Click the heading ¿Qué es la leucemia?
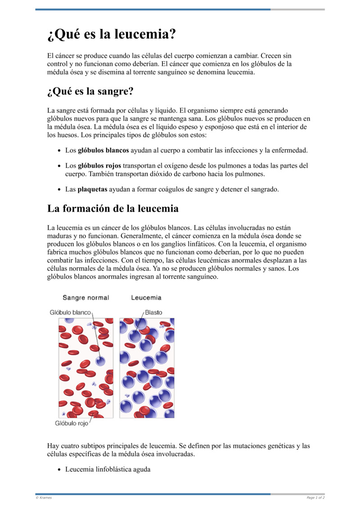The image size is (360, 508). [112, 34]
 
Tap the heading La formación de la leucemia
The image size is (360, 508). [113, 209]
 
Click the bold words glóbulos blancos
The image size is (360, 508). [103, 150]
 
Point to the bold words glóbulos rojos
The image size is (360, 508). [99, 165]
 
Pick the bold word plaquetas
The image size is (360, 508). [92, 189]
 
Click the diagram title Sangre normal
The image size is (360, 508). [85, 298]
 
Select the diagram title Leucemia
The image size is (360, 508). [146, 298]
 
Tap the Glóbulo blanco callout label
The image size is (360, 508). [70, 312]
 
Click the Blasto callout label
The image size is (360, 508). [153, 312]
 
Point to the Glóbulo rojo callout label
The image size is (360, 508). [72, 423]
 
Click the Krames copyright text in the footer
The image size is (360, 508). [44, 498]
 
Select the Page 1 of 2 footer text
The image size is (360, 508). [315, 498]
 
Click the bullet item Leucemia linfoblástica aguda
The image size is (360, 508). [108, 469]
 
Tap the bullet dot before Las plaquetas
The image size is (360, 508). [60, 190]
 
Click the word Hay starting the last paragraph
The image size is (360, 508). [53, 446]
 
